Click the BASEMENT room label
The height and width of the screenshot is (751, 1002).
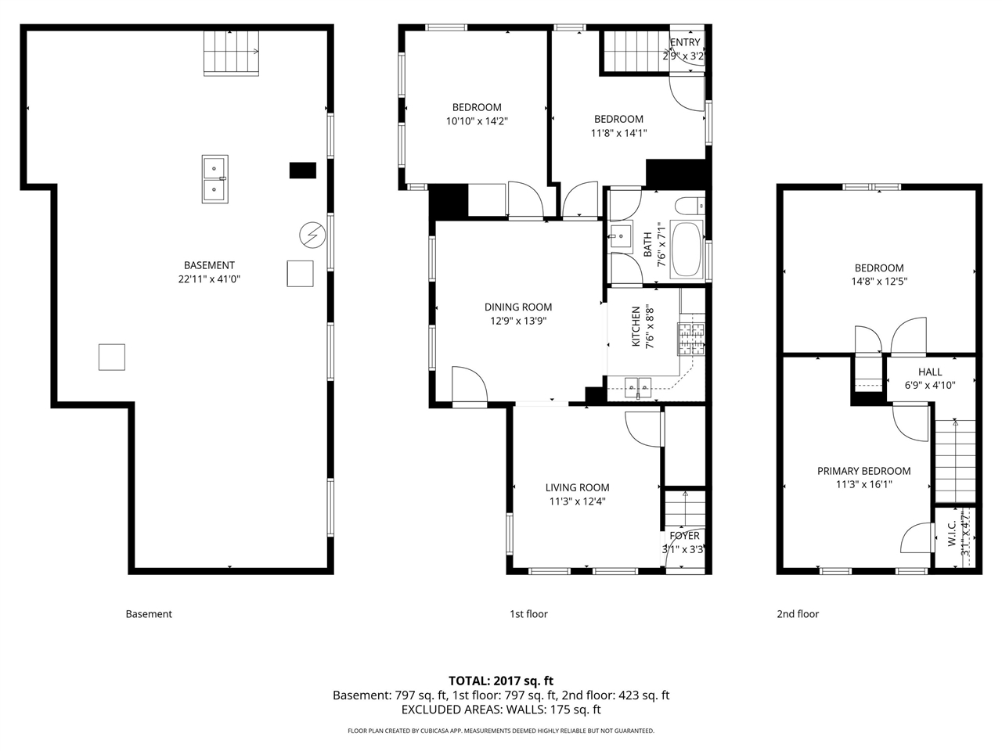pyautogui.click(x=209, y=265)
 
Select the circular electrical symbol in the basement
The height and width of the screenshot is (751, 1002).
pyautogui.click(x=312, y=235)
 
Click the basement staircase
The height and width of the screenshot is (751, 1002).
pyautogui.click(x=231, y=52)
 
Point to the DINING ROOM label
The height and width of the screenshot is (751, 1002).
pyautogui.click(x=517, y=307)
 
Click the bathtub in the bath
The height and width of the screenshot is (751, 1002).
pyautogui.click(x=688, y=249)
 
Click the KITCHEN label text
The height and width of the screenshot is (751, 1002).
pyautogui.click(x=636, y=326)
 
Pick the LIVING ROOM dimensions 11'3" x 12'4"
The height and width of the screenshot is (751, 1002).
pyautogui.click(x=577, y=502)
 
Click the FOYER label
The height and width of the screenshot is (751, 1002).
pyautogui.click(x=684, y=536)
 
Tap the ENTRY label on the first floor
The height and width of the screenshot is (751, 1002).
pyautogui.click(x=685, y=42)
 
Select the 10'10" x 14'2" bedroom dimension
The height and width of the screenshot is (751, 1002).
pyautogui.click(x=477, y=121)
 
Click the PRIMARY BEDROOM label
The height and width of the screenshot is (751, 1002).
pyautogui.click(x=863, y=471)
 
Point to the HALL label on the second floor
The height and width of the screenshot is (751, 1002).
pyautogui.click(x=930, y=372)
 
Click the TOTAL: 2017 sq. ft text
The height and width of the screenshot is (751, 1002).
pyautogui.click(x=500, y=681)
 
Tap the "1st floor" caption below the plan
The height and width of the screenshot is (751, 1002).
pyautogui.click(x=528, y=614)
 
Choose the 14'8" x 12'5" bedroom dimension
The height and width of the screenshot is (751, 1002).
pyautogui.click(x=879, y=282)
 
